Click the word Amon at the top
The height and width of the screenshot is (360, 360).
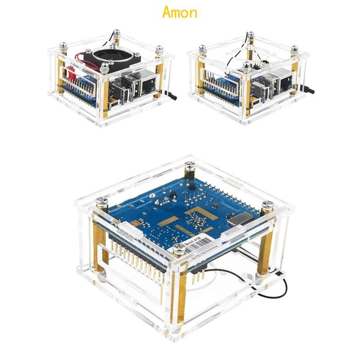[180, 12]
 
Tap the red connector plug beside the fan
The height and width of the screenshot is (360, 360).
[71, 72]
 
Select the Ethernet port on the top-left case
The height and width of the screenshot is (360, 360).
[146, 84]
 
